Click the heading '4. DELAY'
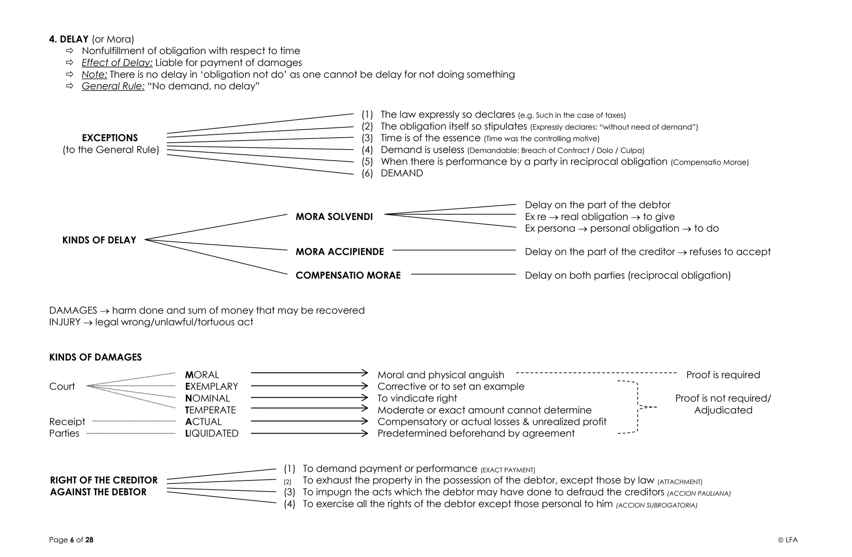(x=69, y=39)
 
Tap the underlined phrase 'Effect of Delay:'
(x=117, y=63)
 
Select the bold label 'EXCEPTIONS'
(x=110, y=138)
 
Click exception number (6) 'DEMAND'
(x=401, y=173)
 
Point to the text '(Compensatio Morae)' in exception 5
(x=709, y=162)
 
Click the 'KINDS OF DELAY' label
(x=99, y=240)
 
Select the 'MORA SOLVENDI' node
(x=334, y=217)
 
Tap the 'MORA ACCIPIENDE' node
(x=339, y=252)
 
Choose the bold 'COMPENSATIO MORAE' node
(x=348, y=275)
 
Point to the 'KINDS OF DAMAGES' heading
(x=95, y=357)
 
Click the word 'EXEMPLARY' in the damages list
(x=212, y=386)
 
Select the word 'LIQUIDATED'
(x=212, y=433)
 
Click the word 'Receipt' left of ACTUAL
(x=67, y=422)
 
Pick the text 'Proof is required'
(x=723, y=375)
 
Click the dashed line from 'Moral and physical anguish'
(x=596, y=373)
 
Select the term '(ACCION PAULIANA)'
(x=699, y=494)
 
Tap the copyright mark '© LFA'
(x=788, y=540)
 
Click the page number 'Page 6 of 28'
(x=71, y=540)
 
